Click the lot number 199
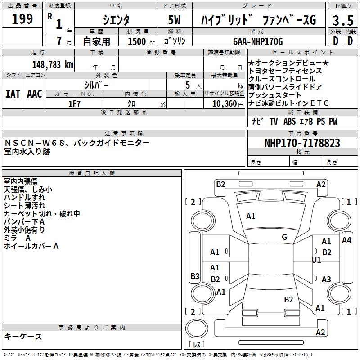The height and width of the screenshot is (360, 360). click(x=22, y=19)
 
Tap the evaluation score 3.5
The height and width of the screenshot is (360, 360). click(x=342, y=20)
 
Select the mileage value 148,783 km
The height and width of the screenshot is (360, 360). click(x=53, y=64)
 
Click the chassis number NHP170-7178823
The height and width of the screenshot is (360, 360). click(x=302, y=143)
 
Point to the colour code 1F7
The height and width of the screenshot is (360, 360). click(x=75, y=103)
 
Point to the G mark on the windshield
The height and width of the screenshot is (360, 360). click(x=284, y=237)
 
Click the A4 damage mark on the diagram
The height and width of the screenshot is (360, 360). click(x=346, y=240)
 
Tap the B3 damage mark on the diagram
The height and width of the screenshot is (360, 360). click(x=195, y=276)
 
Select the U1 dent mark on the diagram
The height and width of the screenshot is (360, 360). click(x=317, y=260)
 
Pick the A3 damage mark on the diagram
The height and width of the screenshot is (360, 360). click(x=326, y=279)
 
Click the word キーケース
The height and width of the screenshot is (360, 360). click(x=23, y=336)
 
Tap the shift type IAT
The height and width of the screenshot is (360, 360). click(x=13, y=94)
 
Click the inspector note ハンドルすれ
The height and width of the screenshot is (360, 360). click(x=24, y=197)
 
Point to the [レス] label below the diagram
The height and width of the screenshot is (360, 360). click(x=197, y=345)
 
